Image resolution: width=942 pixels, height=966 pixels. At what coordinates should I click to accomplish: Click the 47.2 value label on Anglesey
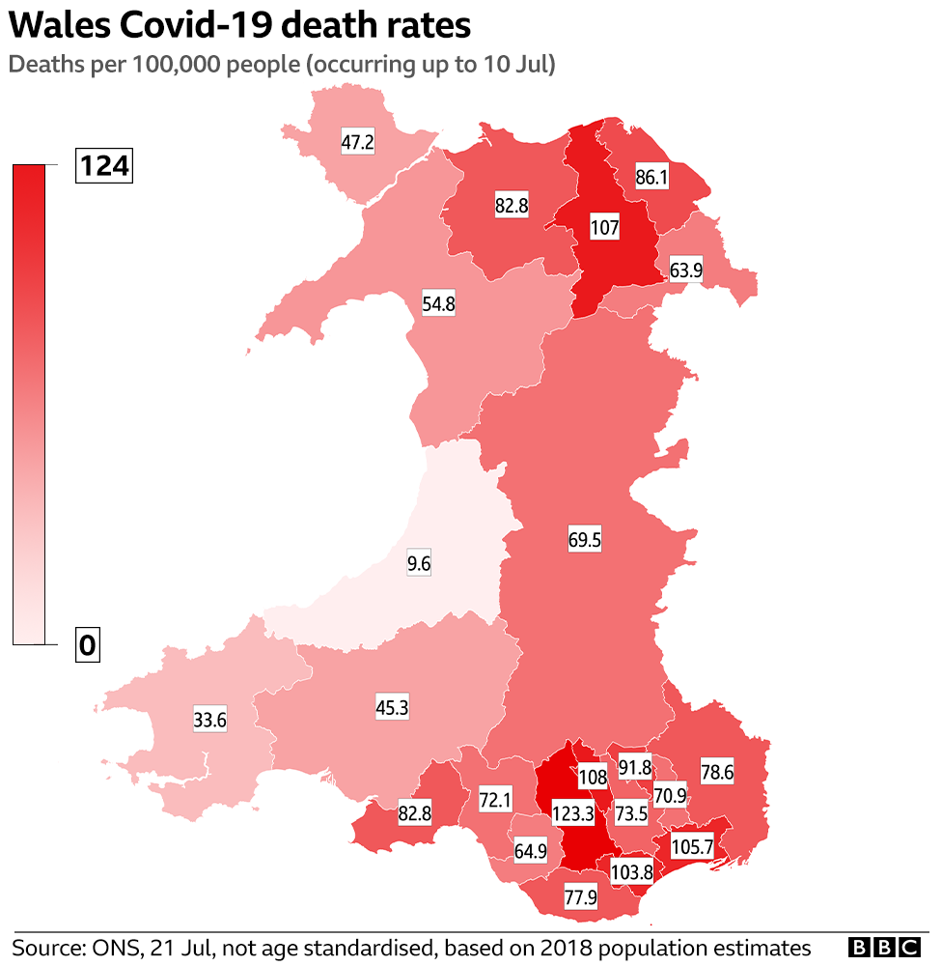pos(357,143)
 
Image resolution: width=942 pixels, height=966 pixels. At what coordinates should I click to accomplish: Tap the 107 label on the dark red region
pos(605,229)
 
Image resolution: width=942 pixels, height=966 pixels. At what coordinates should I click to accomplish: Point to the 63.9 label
pos(685,270)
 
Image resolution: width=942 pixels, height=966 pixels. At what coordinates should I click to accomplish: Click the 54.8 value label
pos(438,303)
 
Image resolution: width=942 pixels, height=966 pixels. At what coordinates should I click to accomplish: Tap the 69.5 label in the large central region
pos(584,541)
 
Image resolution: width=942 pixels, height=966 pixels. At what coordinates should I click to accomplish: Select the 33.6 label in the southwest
pos(209,719)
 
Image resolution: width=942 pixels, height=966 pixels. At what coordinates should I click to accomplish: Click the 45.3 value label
pos(392,707)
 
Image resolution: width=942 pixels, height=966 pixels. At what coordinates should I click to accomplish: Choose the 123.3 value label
pos(573,813)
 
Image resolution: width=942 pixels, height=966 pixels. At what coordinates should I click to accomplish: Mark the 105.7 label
pos(691,847)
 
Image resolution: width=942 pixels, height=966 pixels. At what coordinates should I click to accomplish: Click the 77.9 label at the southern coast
pos(581,898)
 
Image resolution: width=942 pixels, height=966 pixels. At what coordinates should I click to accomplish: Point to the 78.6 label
pos(716,774)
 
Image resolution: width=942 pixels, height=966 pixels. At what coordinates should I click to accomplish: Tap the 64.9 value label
pos(530,851)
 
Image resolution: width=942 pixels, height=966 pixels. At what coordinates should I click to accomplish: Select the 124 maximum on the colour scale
pos(103,167)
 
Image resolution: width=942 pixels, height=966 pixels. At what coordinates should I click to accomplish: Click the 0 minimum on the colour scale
pos(88,645)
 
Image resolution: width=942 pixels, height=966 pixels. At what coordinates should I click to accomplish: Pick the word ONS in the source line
pos(110,947)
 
